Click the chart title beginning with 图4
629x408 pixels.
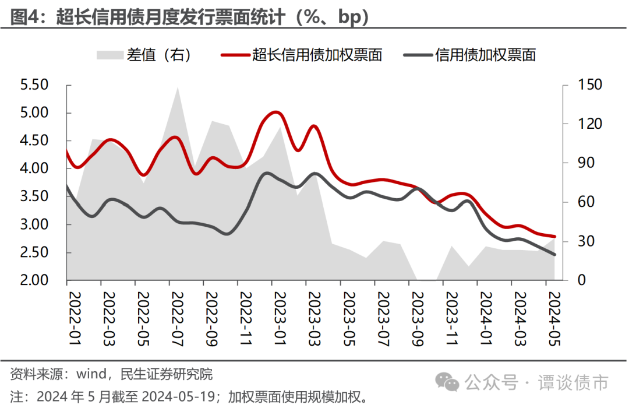tap(190, 17)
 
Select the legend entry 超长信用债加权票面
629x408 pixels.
tap(317, 55)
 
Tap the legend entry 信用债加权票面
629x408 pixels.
tap(485, 55)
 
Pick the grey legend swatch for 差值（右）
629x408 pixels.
tap(109, 55)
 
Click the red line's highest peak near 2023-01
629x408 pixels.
tap(275, 111)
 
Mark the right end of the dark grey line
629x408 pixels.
tap(554, 254)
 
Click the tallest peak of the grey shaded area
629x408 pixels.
tap(177, 87)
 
